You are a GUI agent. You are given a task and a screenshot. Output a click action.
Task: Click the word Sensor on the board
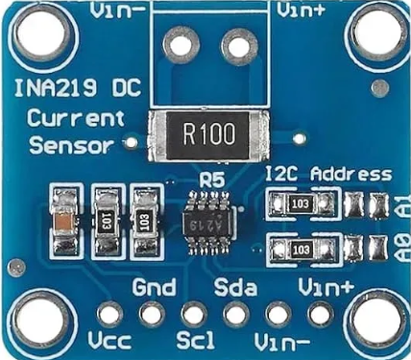pyautogui.click(x=65, y=147)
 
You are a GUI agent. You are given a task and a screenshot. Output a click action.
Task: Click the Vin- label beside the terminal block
pyautogui.click(x=120, y=11)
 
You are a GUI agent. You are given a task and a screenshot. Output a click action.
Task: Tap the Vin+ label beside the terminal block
pyautogui.click(x=303, y=11)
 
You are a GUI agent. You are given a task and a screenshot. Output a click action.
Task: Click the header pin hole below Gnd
pyautogui.click(x=152, y=313)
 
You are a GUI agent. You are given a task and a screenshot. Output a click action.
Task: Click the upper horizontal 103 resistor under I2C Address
pyautogui.click(x=302, y=204)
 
